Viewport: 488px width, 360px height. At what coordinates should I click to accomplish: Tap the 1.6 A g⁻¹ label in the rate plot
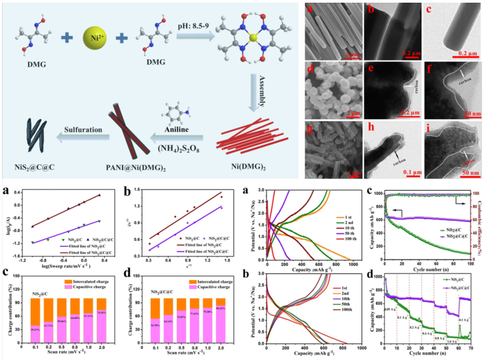pyautogui.click(x=452, y=341)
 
